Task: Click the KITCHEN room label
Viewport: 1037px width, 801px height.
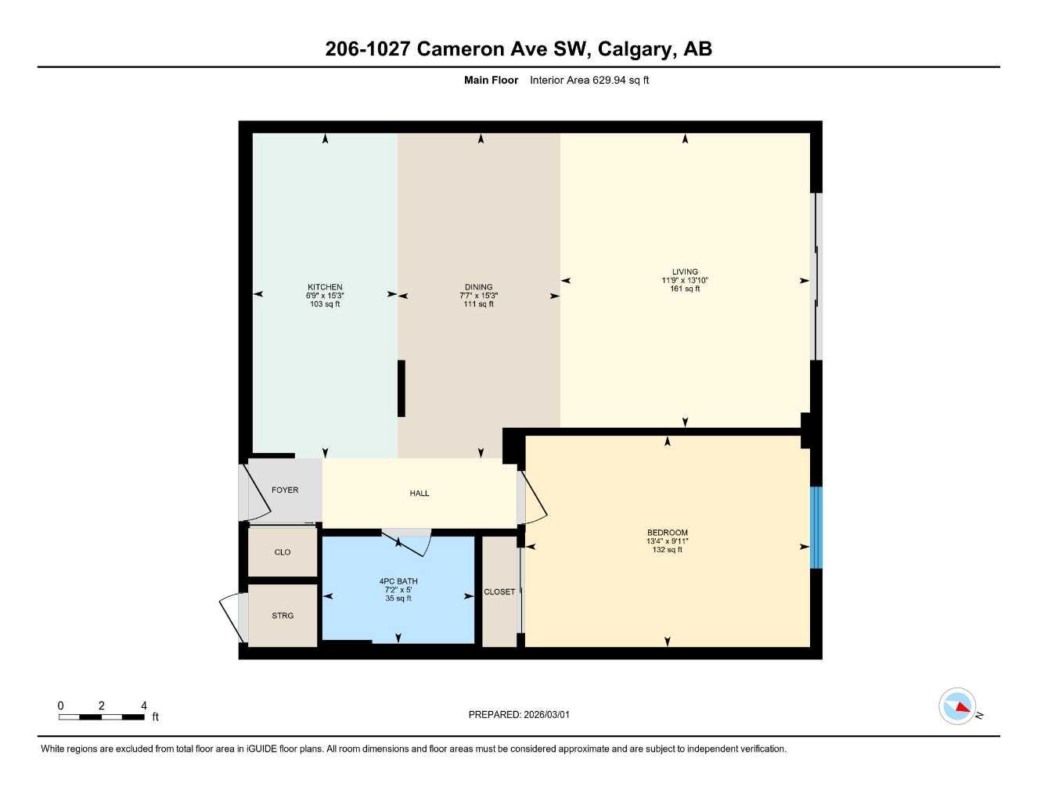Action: [x=325, y=287]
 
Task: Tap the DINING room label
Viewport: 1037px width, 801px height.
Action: [x=478, y=287]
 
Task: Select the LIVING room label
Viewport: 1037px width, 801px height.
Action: [x=685, y=272]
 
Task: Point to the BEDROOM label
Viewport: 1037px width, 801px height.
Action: [x=667, y=533]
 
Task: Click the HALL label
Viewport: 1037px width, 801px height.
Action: [x=419, y=494]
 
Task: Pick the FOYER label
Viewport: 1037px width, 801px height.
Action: [x=285, y=490]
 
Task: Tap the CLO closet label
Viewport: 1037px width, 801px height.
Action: [x=283, y=552]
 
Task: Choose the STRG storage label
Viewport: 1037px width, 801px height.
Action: [x=283, y=616]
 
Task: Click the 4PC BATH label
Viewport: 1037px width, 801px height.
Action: [x=398, y=581]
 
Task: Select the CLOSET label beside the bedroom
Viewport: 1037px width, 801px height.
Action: [x=499, y=592]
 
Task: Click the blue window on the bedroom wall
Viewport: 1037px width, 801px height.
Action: [x=816, y=527]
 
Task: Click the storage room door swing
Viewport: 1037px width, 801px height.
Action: [x=233, y=618]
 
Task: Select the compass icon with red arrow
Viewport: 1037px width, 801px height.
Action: [x=957, y=706]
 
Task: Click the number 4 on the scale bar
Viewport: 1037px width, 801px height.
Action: [x=144, y=706]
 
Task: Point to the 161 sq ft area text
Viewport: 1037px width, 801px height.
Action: [x=685, y=289]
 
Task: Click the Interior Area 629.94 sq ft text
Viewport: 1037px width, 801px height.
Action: [x=589, y=80]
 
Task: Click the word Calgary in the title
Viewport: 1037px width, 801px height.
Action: [x=636, y=49]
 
